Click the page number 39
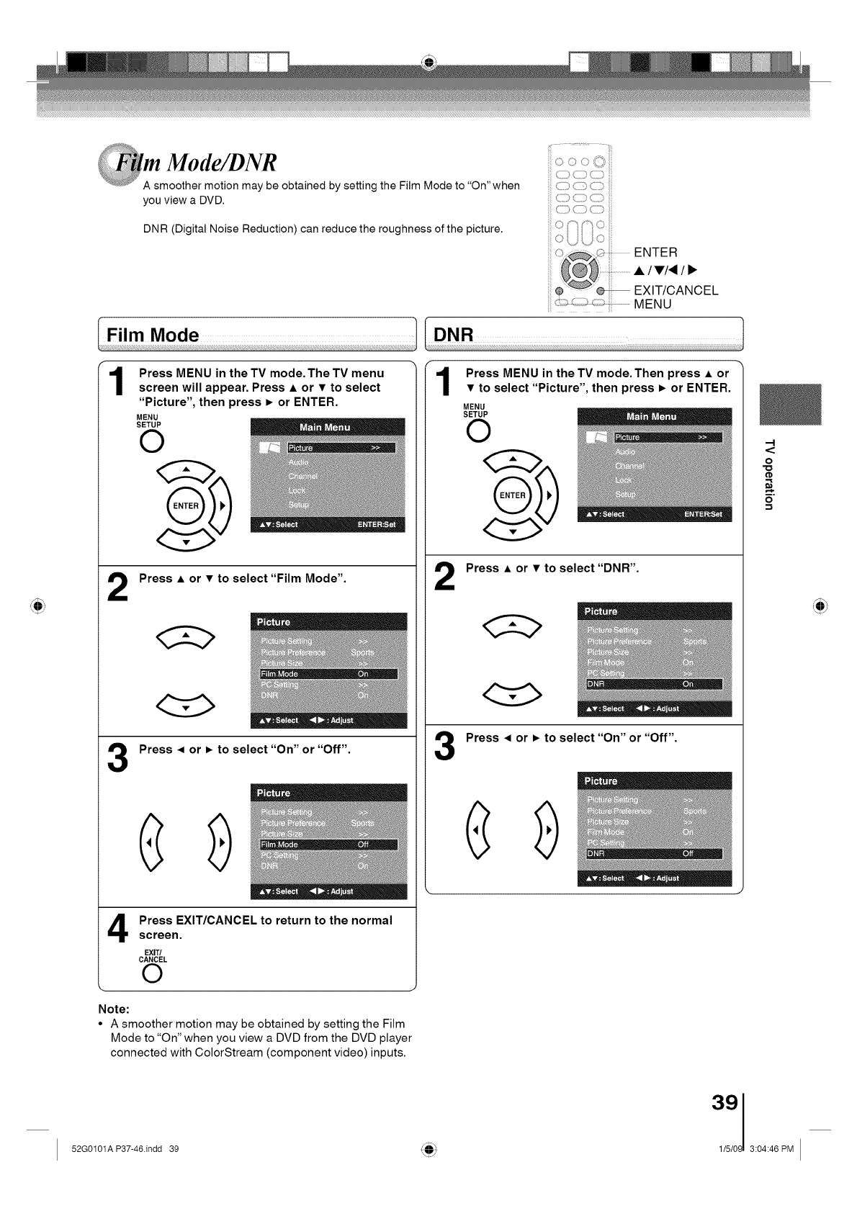pyautogui.click(x=724, y=1103)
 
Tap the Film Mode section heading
pyautogui.click(x=153, y=335)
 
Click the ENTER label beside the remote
pyautogui.click(x=655, y=252)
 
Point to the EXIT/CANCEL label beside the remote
pyautogui.click(x=676, y=290)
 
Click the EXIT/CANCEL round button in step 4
pyautogui.click(x=152, y=973)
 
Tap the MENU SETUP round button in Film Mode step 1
pyautogui.click(x=152, y=441)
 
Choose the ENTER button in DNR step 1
pyautogui.click(x=513, y=495)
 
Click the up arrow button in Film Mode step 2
pyautogui.click(x=185, y=636)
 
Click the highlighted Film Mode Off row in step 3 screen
pyautogui.click(x=328, y=845)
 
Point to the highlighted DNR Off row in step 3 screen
pyautogui.click(x=654, y=854)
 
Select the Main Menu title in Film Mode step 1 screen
pyautogui.click(x=325, y=427)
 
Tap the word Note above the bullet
pyautogui.click(x=113, y=1009)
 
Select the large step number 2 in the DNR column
pyautogui.click(x=445, y=577)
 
